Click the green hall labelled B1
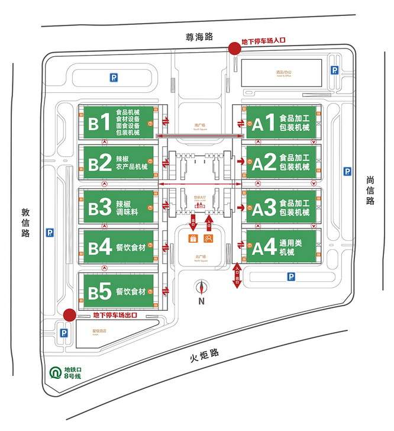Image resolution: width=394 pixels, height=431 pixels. point(118,123)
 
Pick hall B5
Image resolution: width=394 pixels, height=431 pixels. point(118,291)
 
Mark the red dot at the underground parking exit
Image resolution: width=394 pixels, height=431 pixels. point(69,315)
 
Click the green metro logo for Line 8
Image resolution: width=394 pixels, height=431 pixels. point(54,373)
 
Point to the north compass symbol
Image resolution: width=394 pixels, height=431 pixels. point(202,288)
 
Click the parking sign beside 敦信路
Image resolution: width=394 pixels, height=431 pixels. point(50,233)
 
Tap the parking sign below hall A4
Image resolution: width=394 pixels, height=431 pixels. point(290,276)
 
